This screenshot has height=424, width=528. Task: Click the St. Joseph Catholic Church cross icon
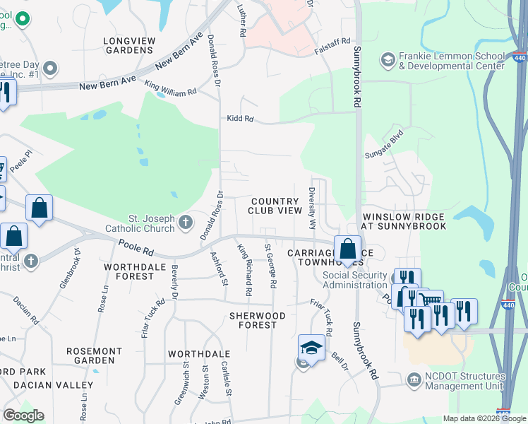tap(185, 223)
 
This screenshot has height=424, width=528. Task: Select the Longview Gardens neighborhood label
tap(128, 45)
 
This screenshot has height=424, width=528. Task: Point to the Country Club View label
tap(275, 206)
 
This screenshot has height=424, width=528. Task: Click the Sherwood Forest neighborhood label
tap(258, 320)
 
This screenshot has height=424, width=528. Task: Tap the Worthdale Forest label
tap(128, 271)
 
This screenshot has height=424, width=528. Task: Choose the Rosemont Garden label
tap(94, 355)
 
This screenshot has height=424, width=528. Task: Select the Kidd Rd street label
tap(239, 119)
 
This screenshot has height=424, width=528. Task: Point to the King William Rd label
tap(170, 88)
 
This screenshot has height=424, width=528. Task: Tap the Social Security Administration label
tap(355, 280)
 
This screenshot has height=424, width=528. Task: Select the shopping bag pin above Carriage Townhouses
tap(347, 249)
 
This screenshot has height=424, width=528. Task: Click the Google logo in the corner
tap(23, 416)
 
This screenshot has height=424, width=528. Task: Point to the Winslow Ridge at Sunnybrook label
tap(403, 221)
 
